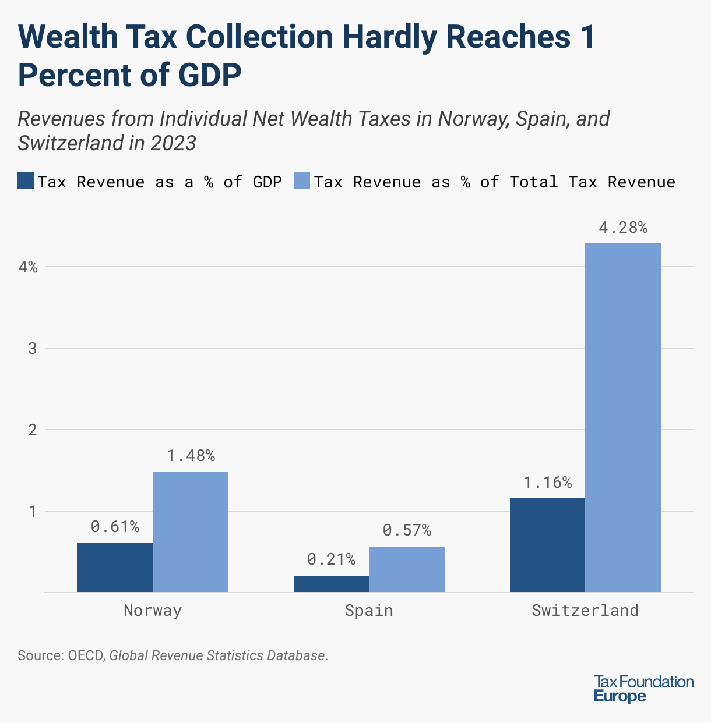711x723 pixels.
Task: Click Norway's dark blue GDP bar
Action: pos(115,568)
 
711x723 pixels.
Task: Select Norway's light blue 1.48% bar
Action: pos(191,532)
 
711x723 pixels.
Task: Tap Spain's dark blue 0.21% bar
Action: pos(331,584)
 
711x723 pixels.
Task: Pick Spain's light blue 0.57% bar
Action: pos(407,569)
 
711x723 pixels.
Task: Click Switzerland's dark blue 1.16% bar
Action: pos(547,545)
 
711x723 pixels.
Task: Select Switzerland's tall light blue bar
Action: pos(623,418)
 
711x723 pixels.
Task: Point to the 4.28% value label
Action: pos(623,228)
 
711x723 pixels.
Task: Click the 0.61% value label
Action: pos(115,527)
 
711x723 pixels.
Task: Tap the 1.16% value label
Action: pos(547,483)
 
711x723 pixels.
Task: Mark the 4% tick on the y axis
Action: pos(28,267)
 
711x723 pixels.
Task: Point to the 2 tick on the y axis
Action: pos(33,430)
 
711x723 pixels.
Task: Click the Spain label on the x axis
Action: pos(369,611)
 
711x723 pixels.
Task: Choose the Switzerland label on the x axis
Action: pos(585,611)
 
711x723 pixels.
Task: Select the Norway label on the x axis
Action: pos(153,611)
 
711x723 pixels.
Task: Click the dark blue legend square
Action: pos(26,181)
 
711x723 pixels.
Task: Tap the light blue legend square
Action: pos(302,181)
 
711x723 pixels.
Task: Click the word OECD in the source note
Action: pos(86,655)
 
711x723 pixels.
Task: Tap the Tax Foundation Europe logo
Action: pos(643,689)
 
